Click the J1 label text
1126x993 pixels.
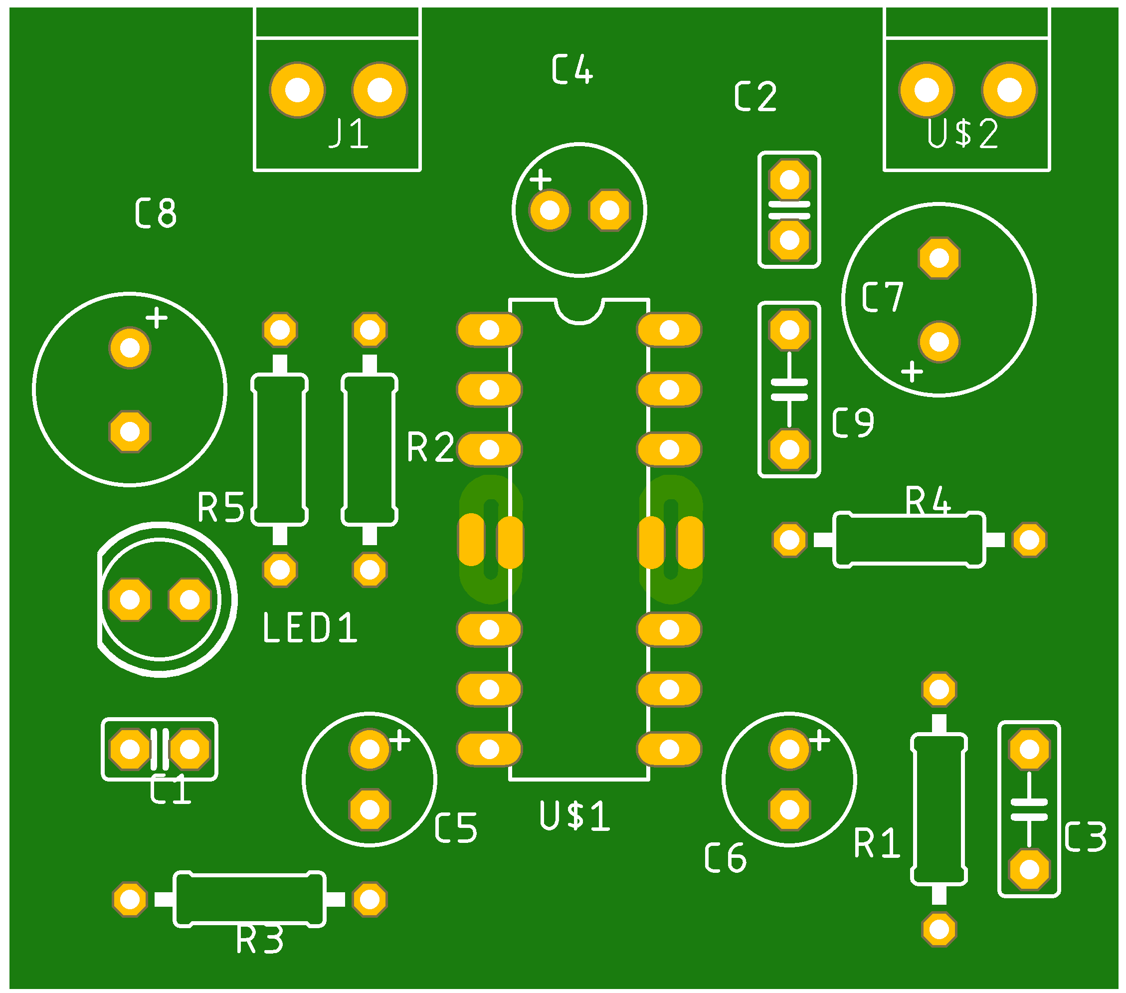click(348, 133)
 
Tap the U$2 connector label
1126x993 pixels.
click(962, 133)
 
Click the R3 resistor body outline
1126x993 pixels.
click(249, 899)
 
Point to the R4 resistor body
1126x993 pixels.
click(909, 540)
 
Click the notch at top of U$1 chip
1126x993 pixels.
click(579, 311)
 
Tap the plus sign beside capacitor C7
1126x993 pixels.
click(912, 372)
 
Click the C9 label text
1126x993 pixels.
click(853, 423)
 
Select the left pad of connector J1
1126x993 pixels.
click(298, 90)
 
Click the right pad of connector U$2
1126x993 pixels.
click(1009, 90)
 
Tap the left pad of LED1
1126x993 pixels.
click(130, 599)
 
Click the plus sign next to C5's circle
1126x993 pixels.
click(400, 740)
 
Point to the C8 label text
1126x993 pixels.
click(156, 213)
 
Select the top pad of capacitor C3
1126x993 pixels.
click(1029, 750)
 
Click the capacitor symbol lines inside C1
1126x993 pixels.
click(160, 750)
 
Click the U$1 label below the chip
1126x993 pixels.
click(574, 816)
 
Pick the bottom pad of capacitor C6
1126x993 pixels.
click(789, 810)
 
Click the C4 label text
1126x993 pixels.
click(572, 70)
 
